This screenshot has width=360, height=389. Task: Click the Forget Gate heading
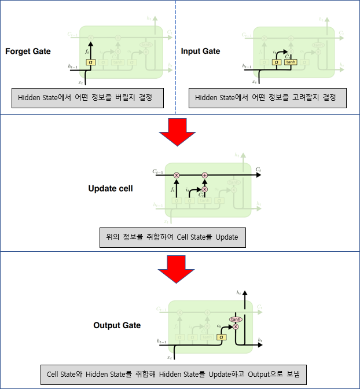(x=28, y=51)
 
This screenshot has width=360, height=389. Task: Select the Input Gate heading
(x=200, y=51)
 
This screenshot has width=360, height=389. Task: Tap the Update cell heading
(x=110, y=188)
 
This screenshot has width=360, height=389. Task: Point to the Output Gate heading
(x=117, y=325)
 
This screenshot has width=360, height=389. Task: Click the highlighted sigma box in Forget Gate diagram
(x=90, y=62)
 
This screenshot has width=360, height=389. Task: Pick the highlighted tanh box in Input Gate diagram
(x=290, y=62)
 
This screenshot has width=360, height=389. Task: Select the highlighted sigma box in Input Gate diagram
(x=276, y=62)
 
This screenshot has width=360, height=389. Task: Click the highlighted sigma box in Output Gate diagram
(x=222, y=337)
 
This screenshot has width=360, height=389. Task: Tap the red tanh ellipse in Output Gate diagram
(x=235, y=319)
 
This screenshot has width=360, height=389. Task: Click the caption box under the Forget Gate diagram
(x=88, y=98)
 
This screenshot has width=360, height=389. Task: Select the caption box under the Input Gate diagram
(x=267, y=98)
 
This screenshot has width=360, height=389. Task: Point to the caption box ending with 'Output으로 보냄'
(x=176, y=373)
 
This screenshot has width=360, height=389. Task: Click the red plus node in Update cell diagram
(x=204, y=174)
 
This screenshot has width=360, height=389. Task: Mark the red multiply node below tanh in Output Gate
(x=235, y=327)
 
